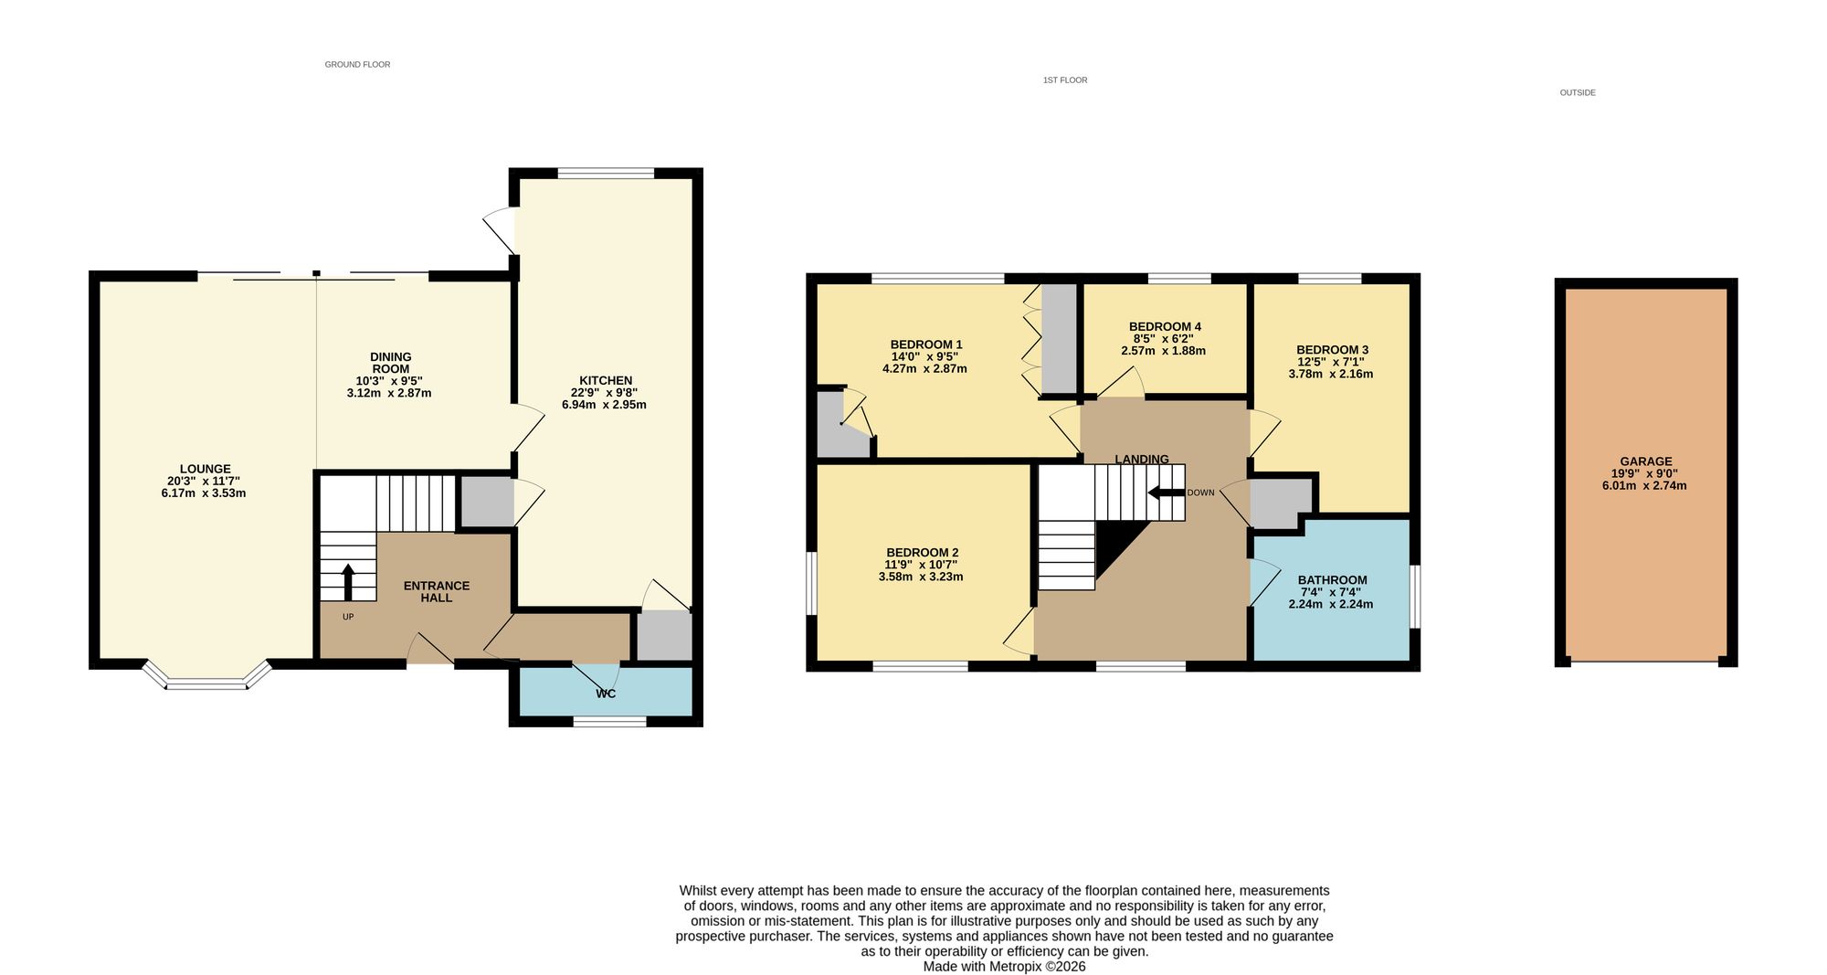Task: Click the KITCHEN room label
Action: [x=606, y=380]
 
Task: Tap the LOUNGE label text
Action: [x=205, y=469]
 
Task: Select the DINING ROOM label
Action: [x=390, y=363]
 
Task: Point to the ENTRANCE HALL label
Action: [x=437, y=591]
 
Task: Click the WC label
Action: [x=606, y=694]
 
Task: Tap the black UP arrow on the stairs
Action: [x=348, y=582]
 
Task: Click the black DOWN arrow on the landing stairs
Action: [x=1166, y=493]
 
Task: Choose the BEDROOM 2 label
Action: [x=922, y=553]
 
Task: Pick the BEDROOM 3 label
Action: [x=1332, y=350]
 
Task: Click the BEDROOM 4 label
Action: [x=1165, y=326]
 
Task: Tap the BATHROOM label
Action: [x=1332, y=580]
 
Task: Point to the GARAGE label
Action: [x=1646, y=461]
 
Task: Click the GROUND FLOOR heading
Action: [x=357, y=65]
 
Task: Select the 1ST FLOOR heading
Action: [x=1065, y=80]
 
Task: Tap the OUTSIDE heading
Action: [x=1578, y=93]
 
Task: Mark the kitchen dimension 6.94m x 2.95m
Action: [x=604, y=404]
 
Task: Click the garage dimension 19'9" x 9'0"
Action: [x=1644, y=473]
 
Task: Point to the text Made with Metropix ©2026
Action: [x=1004, y=966]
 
